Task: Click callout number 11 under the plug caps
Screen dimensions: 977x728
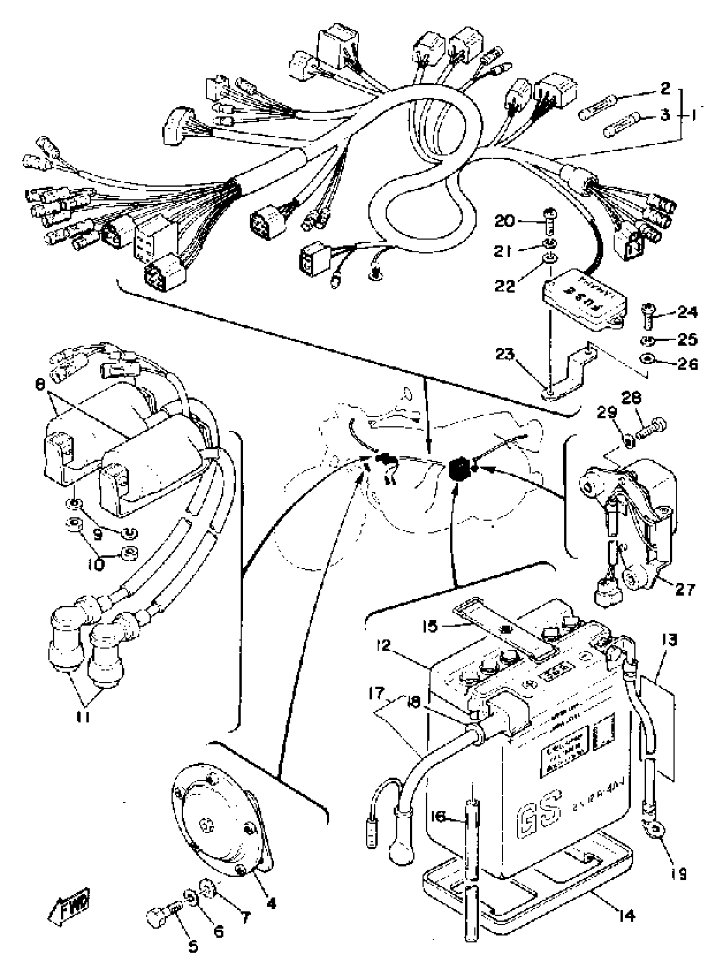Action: click(x=84, y=717)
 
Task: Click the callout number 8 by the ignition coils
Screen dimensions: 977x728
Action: click(x=40, y=384)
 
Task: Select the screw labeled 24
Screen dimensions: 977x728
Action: click(x=648, y=316)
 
